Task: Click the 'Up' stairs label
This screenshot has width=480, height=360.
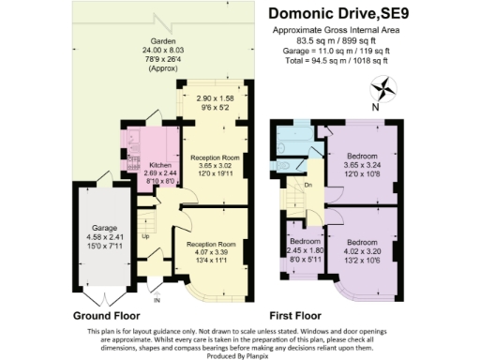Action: coord(144,236)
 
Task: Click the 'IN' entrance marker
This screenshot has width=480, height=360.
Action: coord(157,301)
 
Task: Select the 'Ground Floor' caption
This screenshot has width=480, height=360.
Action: coord(105,316)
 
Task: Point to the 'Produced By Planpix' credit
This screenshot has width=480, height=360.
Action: coord(239,352)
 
